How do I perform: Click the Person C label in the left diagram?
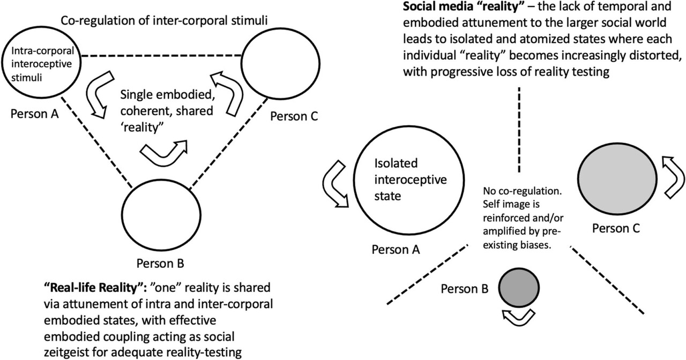tap(295, 115)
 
